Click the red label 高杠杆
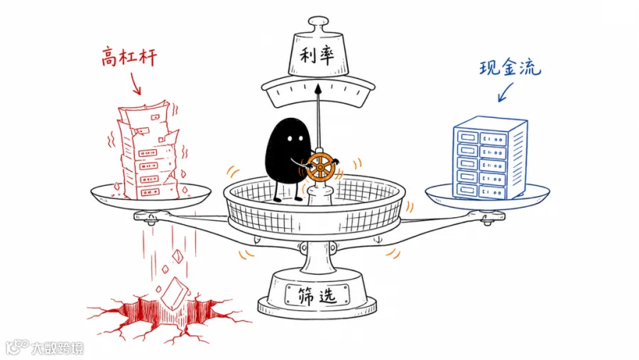129,57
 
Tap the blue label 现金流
510,67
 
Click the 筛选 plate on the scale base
317,295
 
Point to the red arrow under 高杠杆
136,84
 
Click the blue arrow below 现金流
506,92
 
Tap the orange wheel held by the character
320,167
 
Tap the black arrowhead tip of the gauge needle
318,88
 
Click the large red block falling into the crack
175,293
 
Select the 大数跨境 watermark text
58,348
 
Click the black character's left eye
290,138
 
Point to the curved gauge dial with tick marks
318,92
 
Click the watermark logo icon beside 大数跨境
17,347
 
